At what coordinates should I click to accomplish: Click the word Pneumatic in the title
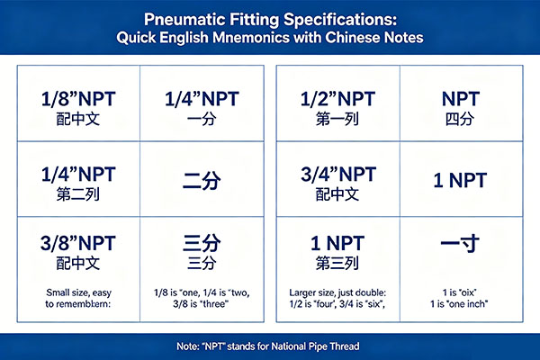[x=184, y=19]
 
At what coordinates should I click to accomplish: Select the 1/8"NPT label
[x=78, y=99]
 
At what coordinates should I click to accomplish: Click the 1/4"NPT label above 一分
[x=202, y=99]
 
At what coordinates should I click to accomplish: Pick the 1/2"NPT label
[x=337, y=99]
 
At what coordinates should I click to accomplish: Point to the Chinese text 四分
[x=460, y=119]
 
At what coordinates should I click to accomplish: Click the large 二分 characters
[x=202, y=180]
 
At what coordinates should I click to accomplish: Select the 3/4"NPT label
[x=338, y=175]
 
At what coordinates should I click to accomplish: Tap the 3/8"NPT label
[x=78, y=243]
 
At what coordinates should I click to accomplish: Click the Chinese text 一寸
[x=460, y=243]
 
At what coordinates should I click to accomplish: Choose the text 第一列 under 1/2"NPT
[x=337, y=119]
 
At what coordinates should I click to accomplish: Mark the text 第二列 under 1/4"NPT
[x=78, y=194]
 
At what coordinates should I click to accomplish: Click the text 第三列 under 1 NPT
[x=337, y=263]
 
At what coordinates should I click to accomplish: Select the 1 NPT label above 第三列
[x=337, y=243]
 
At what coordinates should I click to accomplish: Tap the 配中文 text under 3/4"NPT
[x=337, y=194]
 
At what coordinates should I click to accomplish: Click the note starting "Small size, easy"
[x=78, y=298]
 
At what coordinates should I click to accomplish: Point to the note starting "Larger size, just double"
[x=337, y=298]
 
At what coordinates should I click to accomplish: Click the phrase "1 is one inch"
[x=459, y=304]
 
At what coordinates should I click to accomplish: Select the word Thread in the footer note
[x=345, y=346]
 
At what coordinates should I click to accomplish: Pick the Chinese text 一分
[x=202, y=119]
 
